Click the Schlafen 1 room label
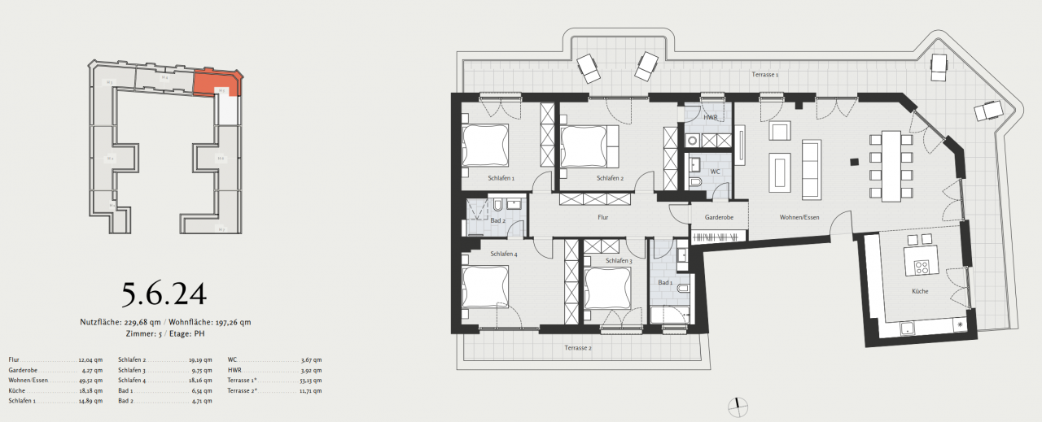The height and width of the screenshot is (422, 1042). coord(501,177)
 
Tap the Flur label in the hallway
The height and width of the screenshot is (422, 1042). coord(602,217)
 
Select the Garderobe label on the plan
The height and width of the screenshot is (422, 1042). coord(720,217)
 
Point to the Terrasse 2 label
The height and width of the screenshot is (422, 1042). coord(578,348)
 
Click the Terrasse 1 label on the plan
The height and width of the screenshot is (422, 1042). coord(765,75)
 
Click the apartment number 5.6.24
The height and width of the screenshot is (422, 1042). coord(164,294)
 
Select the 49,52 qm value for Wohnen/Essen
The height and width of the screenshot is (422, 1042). coord(90,380)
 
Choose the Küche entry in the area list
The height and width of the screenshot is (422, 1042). coord(17,390)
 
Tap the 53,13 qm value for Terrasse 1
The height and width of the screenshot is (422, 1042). coord(310,380)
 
